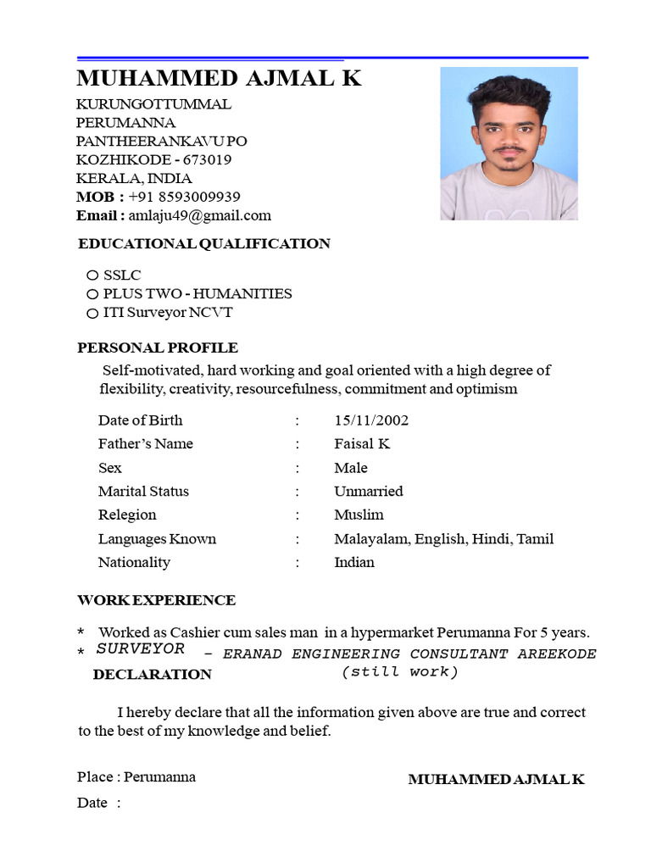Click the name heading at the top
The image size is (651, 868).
(x=219, y=79)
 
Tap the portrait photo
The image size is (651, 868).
(x=509, y=144)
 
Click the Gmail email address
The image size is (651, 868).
(x=200, y=215)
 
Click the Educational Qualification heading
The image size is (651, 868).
(x=204, y=244)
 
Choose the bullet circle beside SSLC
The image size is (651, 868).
(x=92, y=275)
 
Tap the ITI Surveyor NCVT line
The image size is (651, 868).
(x=168, y=312)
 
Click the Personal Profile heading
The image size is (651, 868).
(x=158, y=348)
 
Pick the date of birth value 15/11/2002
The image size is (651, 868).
(x=371, y=420)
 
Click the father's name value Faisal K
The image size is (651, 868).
(x=362, y=444)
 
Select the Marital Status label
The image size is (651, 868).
(x=143, y=492)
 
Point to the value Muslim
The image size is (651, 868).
(x=359, y=515)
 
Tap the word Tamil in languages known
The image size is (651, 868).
(x=535, y=539)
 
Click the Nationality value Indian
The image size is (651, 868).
(x=354, y=562)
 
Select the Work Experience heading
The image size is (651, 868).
(x=157, y=600)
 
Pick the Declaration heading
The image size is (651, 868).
(x=153, y=675)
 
